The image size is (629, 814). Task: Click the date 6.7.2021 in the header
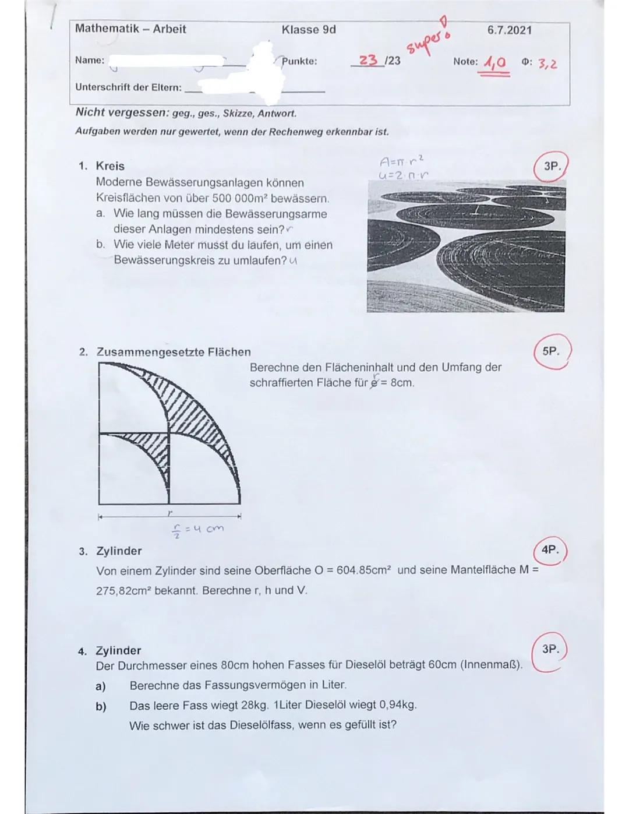(x=509, y=30)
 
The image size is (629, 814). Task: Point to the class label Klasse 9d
(x=308, y=30)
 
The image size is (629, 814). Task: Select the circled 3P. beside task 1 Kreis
(x=552, y=166)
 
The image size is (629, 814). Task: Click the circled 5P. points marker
(x=550, y=351)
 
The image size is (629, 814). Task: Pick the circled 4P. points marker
(x=549, y=549)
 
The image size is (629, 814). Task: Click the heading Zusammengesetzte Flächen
(x=173, y=352)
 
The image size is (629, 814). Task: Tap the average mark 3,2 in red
(x=547, y=63)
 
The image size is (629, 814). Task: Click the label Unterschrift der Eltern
(x=128, y=87)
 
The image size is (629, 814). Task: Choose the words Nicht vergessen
(x=122, y=112)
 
